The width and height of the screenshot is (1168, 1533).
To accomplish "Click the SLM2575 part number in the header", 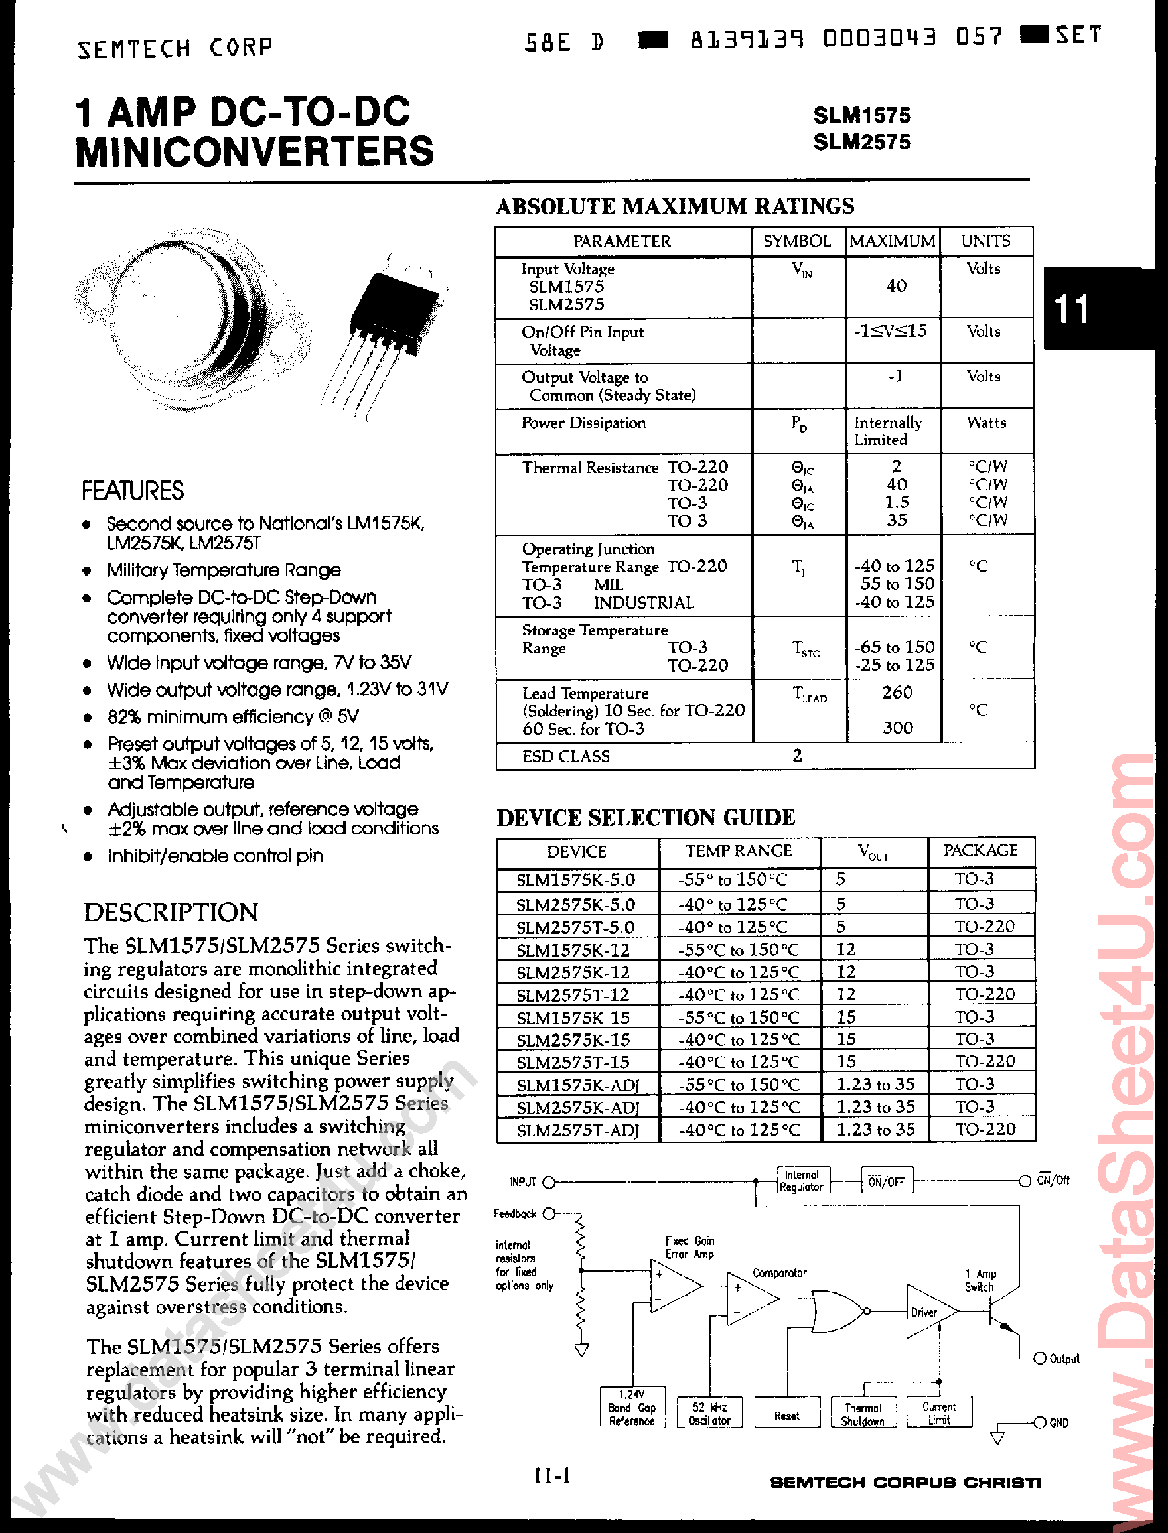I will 861,142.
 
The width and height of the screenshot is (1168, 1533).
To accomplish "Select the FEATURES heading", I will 133,491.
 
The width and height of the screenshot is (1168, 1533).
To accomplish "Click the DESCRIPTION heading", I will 171,912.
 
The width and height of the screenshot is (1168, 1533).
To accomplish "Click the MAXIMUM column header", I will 892,241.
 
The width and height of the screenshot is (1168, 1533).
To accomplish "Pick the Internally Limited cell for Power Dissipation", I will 888,431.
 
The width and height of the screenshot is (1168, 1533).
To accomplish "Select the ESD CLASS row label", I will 566,756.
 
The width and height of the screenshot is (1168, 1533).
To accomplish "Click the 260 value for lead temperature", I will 897,692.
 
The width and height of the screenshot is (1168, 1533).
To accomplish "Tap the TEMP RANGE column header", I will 739,851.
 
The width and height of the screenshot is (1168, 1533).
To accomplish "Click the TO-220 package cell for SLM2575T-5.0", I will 984,926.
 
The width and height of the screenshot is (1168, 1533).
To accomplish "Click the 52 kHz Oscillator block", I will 709,1414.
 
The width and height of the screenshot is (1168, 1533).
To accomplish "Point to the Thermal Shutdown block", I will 863,1414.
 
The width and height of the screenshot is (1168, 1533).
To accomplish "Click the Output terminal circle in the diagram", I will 1040,1358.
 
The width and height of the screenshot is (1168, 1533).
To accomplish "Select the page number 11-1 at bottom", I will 552,1475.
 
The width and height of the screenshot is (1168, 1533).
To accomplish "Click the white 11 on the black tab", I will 1071,308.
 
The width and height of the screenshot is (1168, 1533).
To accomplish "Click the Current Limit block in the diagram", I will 938,1413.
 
